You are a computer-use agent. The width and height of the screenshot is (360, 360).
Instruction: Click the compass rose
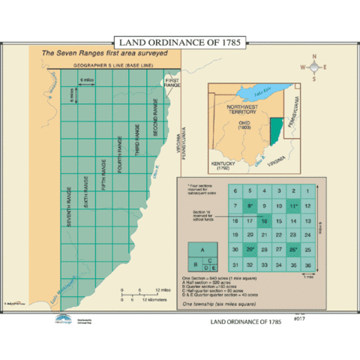(314, 67)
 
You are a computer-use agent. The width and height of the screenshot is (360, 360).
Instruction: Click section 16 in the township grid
(265, 220)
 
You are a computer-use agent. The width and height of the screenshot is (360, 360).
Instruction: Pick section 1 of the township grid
(307, 192)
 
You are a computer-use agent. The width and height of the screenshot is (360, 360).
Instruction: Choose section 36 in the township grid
(307, 264)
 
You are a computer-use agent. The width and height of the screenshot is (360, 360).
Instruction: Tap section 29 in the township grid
(250, 250)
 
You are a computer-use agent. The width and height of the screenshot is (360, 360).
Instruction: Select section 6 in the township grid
(235, 192)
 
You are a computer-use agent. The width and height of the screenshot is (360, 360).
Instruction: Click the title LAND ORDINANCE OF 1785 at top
(178, 42)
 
